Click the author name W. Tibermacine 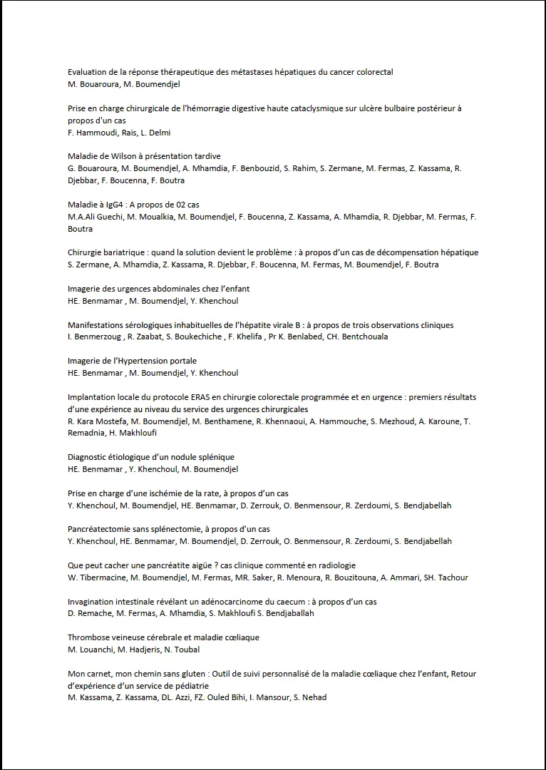tap(91, 577)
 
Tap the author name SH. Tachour tap(445, 577)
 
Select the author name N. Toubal tap(181, 650)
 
